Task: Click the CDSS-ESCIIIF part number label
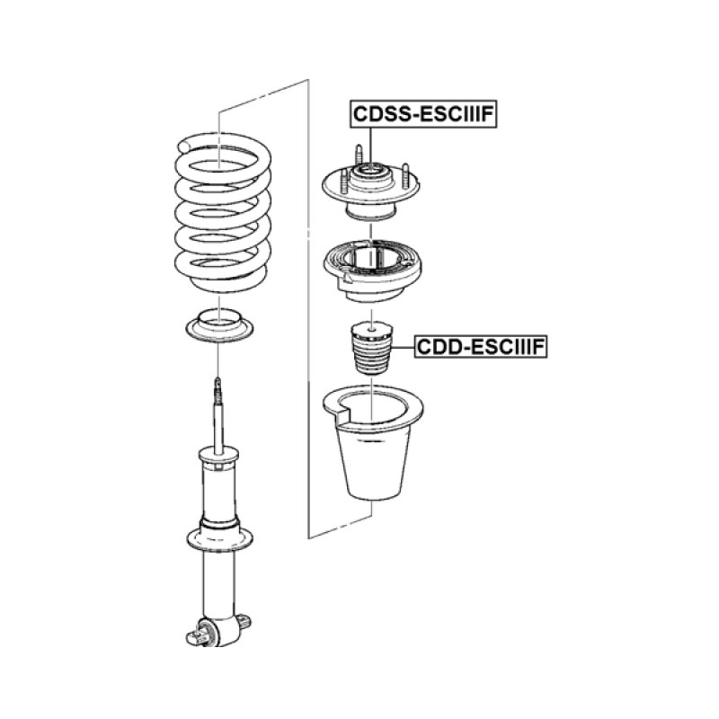point(423,114)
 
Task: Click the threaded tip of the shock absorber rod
point(218,389)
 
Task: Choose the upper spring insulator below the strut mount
point(370,269)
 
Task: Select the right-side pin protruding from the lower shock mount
point(246,621)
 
